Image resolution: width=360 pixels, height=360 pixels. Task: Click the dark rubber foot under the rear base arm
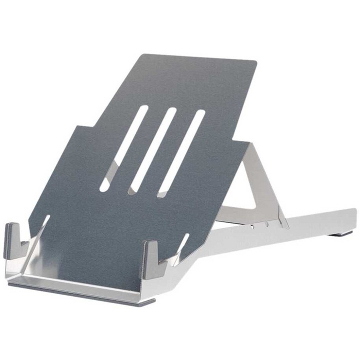click(342, 233)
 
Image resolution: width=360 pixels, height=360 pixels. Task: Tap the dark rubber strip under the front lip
click(80, 294)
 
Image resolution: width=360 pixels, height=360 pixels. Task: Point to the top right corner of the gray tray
click(254, 63)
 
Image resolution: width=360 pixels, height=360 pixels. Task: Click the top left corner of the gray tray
click(145, 55)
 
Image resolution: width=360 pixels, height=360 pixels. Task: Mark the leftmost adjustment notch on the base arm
click(252, 226)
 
